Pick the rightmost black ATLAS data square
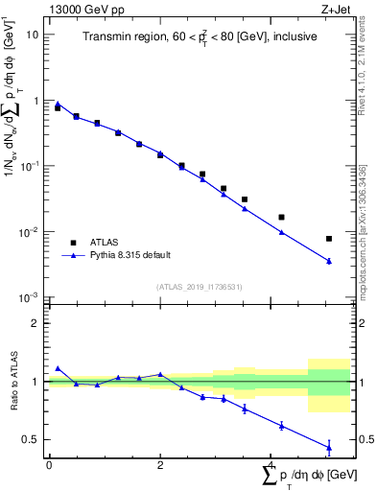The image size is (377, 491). pyautogui.click(x=329, y=239)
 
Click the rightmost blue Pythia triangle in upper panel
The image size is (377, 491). pyautogui.click(x=329, y=261)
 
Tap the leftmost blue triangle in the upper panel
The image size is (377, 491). pyautogui.click(x=58, y=104)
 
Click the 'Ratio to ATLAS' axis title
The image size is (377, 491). pyautogui.click(x=12, y=382)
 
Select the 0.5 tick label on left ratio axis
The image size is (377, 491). pyautogui.click(x=30, y=440)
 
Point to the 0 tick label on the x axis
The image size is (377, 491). pyautogui.click(x=49, y=464)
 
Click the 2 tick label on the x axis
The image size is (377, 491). pyautogui.click(x=160, y=464)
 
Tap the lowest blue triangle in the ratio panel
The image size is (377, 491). pyautogui.click(x=329, y=446)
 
